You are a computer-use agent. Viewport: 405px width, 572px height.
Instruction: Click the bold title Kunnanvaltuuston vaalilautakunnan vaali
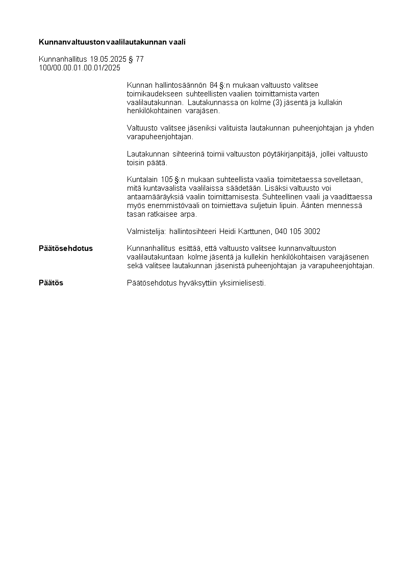(112, 42)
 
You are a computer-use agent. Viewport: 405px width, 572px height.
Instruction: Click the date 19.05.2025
(108, 59)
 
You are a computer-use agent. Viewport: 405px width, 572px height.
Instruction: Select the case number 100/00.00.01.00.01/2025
(80, 67)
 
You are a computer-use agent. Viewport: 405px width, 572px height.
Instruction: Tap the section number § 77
(136, 59)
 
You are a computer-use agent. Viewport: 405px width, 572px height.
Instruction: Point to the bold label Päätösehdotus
(66, 248)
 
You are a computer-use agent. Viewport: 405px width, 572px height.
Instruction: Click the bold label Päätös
(51, 282)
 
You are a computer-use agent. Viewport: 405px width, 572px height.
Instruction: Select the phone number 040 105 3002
(297, 231)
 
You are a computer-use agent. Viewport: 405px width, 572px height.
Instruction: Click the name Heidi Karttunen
(245, 231)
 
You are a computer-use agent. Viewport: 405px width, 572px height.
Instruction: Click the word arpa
(183, 214)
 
